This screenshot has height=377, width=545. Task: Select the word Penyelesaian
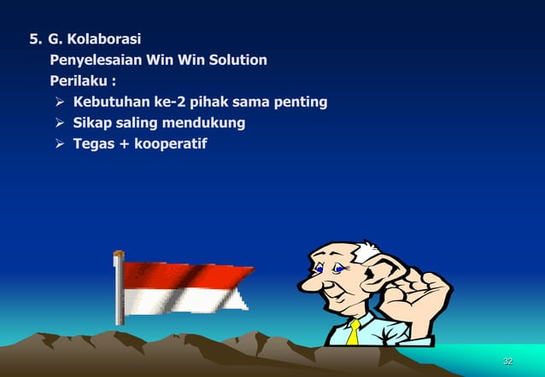click(x=95, y=61)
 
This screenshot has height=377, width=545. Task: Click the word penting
click(x=300, y=102)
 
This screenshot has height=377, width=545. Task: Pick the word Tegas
click(x=94, y=143)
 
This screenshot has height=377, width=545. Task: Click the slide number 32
click(x=507, y=362)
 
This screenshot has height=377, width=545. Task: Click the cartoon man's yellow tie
click(x=353, y=331)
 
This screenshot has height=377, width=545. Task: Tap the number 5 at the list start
click(x=34, y=38)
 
